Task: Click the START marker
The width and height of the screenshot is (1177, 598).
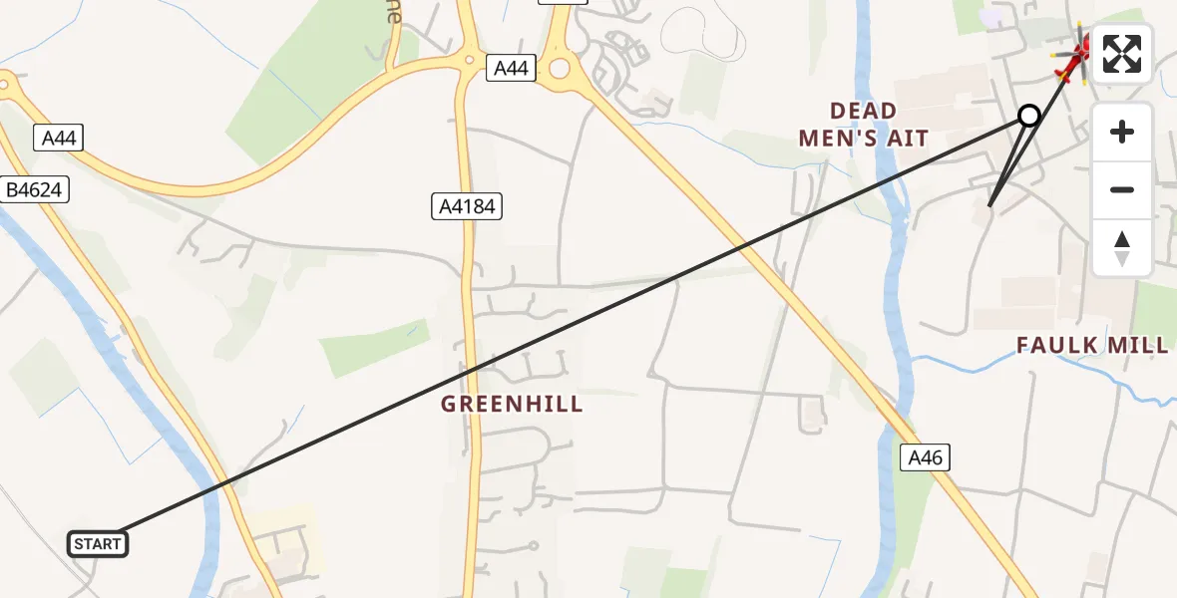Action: coord(97,543)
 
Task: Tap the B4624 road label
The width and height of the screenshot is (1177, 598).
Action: coord(35,189)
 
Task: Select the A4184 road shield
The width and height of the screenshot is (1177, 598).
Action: coord(466,206)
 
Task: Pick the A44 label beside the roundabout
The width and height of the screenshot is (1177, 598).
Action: coord(512,68)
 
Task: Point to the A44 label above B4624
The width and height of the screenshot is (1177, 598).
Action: coord(59,138)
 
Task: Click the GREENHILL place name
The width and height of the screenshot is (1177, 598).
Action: coord(512,404)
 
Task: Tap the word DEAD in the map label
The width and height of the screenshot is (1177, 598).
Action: coord(863,111)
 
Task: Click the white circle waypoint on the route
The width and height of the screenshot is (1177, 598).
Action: coord(1029,116)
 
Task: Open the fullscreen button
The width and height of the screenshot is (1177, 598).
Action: coord(1122,54)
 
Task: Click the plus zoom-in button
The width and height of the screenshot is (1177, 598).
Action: coord(1122,132)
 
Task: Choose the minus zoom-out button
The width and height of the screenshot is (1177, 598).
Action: coord(1122,189)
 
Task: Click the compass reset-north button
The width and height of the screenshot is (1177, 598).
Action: coord(1122,247)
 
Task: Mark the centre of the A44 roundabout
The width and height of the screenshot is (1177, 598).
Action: coord(559,69)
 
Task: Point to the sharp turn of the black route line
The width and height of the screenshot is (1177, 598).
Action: coord(988,206)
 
